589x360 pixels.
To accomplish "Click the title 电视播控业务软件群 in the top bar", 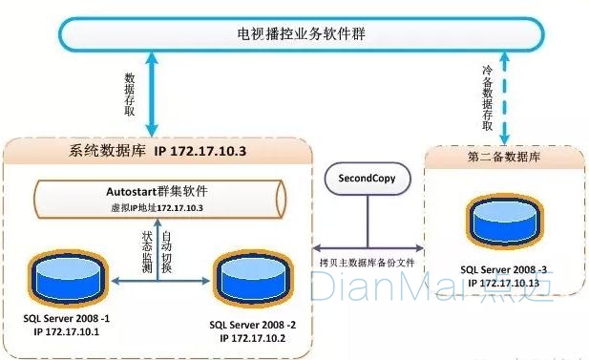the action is pos(301,33).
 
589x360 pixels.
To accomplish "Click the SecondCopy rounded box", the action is pos(368,179).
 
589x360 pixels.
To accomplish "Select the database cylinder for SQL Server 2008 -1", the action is pos(68,279).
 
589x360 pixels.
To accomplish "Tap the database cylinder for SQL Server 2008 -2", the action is pos(254,280).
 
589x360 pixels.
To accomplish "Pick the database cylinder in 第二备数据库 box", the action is pos(504,222).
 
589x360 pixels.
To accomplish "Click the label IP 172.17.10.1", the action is pos(67,331).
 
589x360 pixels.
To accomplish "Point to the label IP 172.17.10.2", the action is pos(252,338).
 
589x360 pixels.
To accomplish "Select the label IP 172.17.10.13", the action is pos(504,283).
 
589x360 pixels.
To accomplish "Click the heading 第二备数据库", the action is pos(504,157).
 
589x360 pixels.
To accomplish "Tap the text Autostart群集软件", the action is pos(157,191).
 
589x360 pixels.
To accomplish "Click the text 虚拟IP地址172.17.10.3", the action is pos(157,208).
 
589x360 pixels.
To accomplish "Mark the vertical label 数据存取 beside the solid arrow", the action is pos(130,95).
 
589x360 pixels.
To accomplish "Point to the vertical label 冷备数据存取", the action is pos(487,98).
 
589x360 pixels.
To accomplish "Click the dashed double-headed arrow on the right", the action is pos(504,98).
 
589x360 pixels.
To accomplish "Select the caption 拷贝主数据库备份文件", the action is pos(367,263).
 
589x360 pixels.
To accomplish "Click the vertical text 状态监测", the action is pos(147,252).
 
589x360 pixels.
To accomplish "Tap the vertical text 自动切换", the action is pos(166,252).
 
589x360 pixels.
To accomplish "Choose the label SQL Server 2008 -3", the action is pos(504,269).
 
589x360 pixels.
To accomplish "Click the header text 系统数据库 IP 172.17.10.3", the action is pos(158,151).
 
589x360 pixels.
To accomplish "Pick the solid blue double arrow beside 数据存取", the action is pos(152,95).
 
